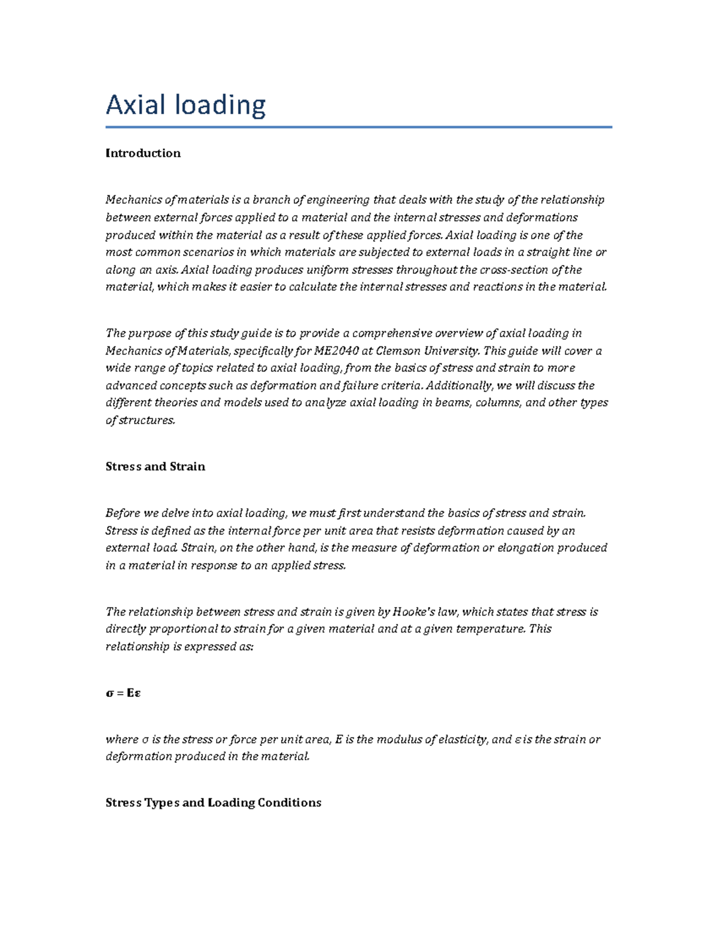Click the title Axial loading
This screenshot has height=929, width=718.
[x=185, y=105]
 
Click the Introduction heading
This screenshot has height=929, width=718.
[x=143, y=153]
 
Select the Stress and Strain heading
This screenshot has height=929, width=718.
[x=155, y=467]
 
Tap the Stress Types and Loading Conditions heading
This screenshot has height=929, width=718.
[x=213, y=803]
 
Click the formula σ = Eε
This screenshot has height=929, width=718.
[x=123, y=693]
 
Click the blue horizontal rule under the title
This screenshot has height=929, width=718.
[x=358, y=127]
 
